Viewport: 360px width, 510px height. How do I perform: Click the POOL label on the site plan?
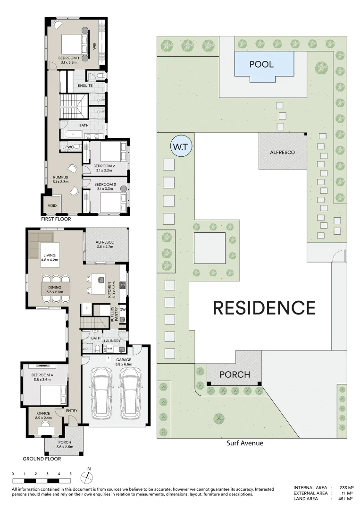click(261, 64)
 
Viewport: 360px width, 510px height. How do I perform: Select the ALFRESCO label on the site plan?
click(283, 152)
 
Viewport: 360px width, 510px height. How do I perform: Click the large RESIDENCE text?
click(264, 308)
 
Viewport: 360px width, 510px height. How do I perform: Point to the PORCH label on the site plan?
click(234, 374)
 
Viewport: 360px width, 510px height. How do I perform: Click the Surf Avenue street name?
click(245, 443)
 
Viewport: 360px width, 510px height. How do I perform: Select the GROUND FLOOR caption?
click(42, 459)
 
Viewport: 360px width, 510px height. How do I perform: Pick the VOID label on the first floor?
click(51, 206)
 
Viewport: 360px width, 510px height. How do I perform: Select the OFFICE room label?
click(43, 414)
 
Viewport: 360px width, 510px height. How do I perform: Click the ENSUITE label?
click(85, 86)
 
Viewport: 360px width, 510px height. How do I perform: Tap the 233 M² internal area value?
click(347, 488)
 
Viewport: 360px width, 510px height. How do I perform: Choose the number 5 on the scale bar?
click(70, 474)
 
